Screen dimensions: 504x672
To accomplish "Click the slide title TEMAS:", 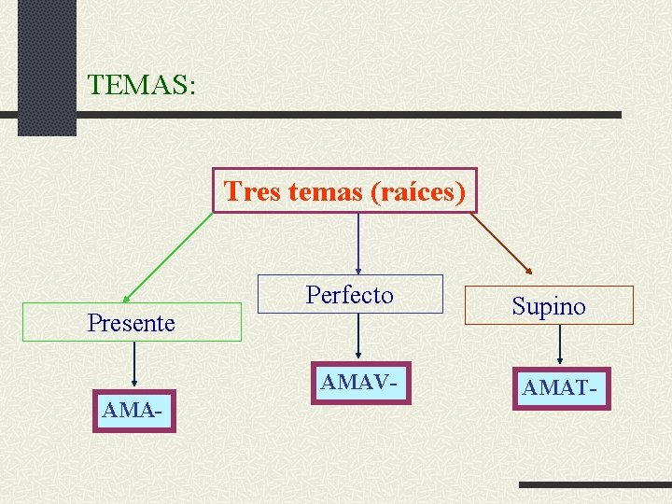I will click(x=141, y=85).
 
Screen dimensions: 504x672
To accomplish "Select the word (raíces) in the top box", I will click(x=418, y=191).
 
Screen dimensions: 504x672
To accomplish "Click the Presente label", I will click(x=131, y=323).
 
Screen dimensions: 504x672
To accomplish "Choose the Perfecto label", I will click(x=350, y=295).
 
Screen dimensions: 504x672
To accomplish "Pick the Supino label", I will click(x=549, y=305).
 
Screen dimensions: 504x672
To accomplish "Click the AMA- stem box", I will click(x=134, y=411).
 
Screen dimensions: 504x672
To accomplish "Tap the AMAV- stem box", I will click(x=358, y=383).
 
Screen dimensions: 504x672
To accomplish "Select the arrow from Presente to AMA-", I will click(x=134, y=364).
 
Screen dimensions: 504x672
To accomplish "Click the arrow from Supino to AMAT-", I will click(x=559, y=345).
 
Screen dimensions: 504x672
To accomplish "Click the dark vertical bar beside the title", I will click(x=47, y=65).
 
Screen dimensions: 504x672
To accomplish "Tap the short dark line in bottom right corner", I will click(x=594, y=485).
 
